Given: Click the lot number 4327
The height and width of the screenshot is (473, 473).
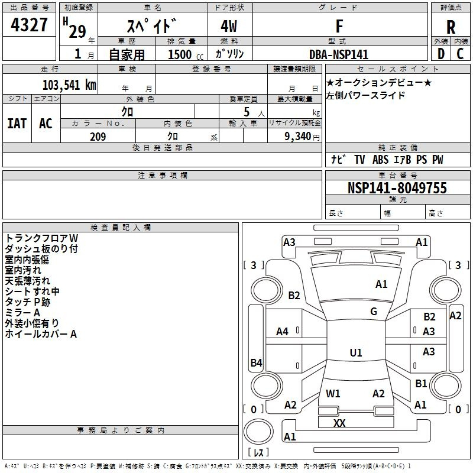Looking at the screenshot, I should point(29,26).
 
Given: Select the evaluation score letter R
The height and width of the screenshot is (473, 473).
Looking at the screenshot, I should point(451,27).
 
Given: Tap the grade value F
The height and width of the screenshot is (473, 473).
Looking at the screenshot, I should point(339,27).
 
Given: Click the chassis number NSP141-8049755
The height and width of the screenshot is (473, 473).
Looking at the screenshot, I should point(397,188).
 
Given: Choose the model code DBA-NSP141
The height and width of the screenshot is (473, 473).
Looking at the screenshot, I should point(339,54).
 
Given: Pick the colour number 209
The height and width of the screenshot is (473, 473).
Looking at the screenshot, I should point(98,137).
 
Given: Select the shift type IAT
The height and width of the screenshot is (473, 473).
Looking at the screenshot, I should point(17,123).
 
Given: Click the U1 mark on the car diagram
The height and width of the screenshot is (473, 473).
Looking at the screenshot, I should point(356,353).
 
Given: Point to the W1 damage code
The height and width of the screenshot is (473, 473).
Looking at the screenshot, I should point(333,393).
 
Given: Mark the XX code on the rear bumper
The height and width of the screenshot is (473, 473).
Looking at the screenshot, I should point(339,423).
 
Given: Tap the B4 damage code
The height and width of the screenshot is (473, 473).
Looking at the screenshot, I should point(256,363).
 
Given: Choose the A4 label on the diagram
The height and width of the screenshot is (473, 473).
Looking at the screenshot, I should point(283,332).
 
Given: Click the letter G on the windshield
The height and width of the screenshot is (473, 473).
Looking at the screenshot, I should point(374,312).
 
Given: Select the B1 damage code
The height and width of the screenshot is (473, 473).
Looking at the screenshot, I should point(421,384).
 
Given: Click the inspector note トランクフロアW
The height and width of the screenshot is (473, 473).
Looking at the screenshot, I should point(41,238).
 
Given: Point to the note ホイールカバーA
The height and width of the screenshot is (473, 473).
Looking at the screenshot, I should point(41,334).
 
